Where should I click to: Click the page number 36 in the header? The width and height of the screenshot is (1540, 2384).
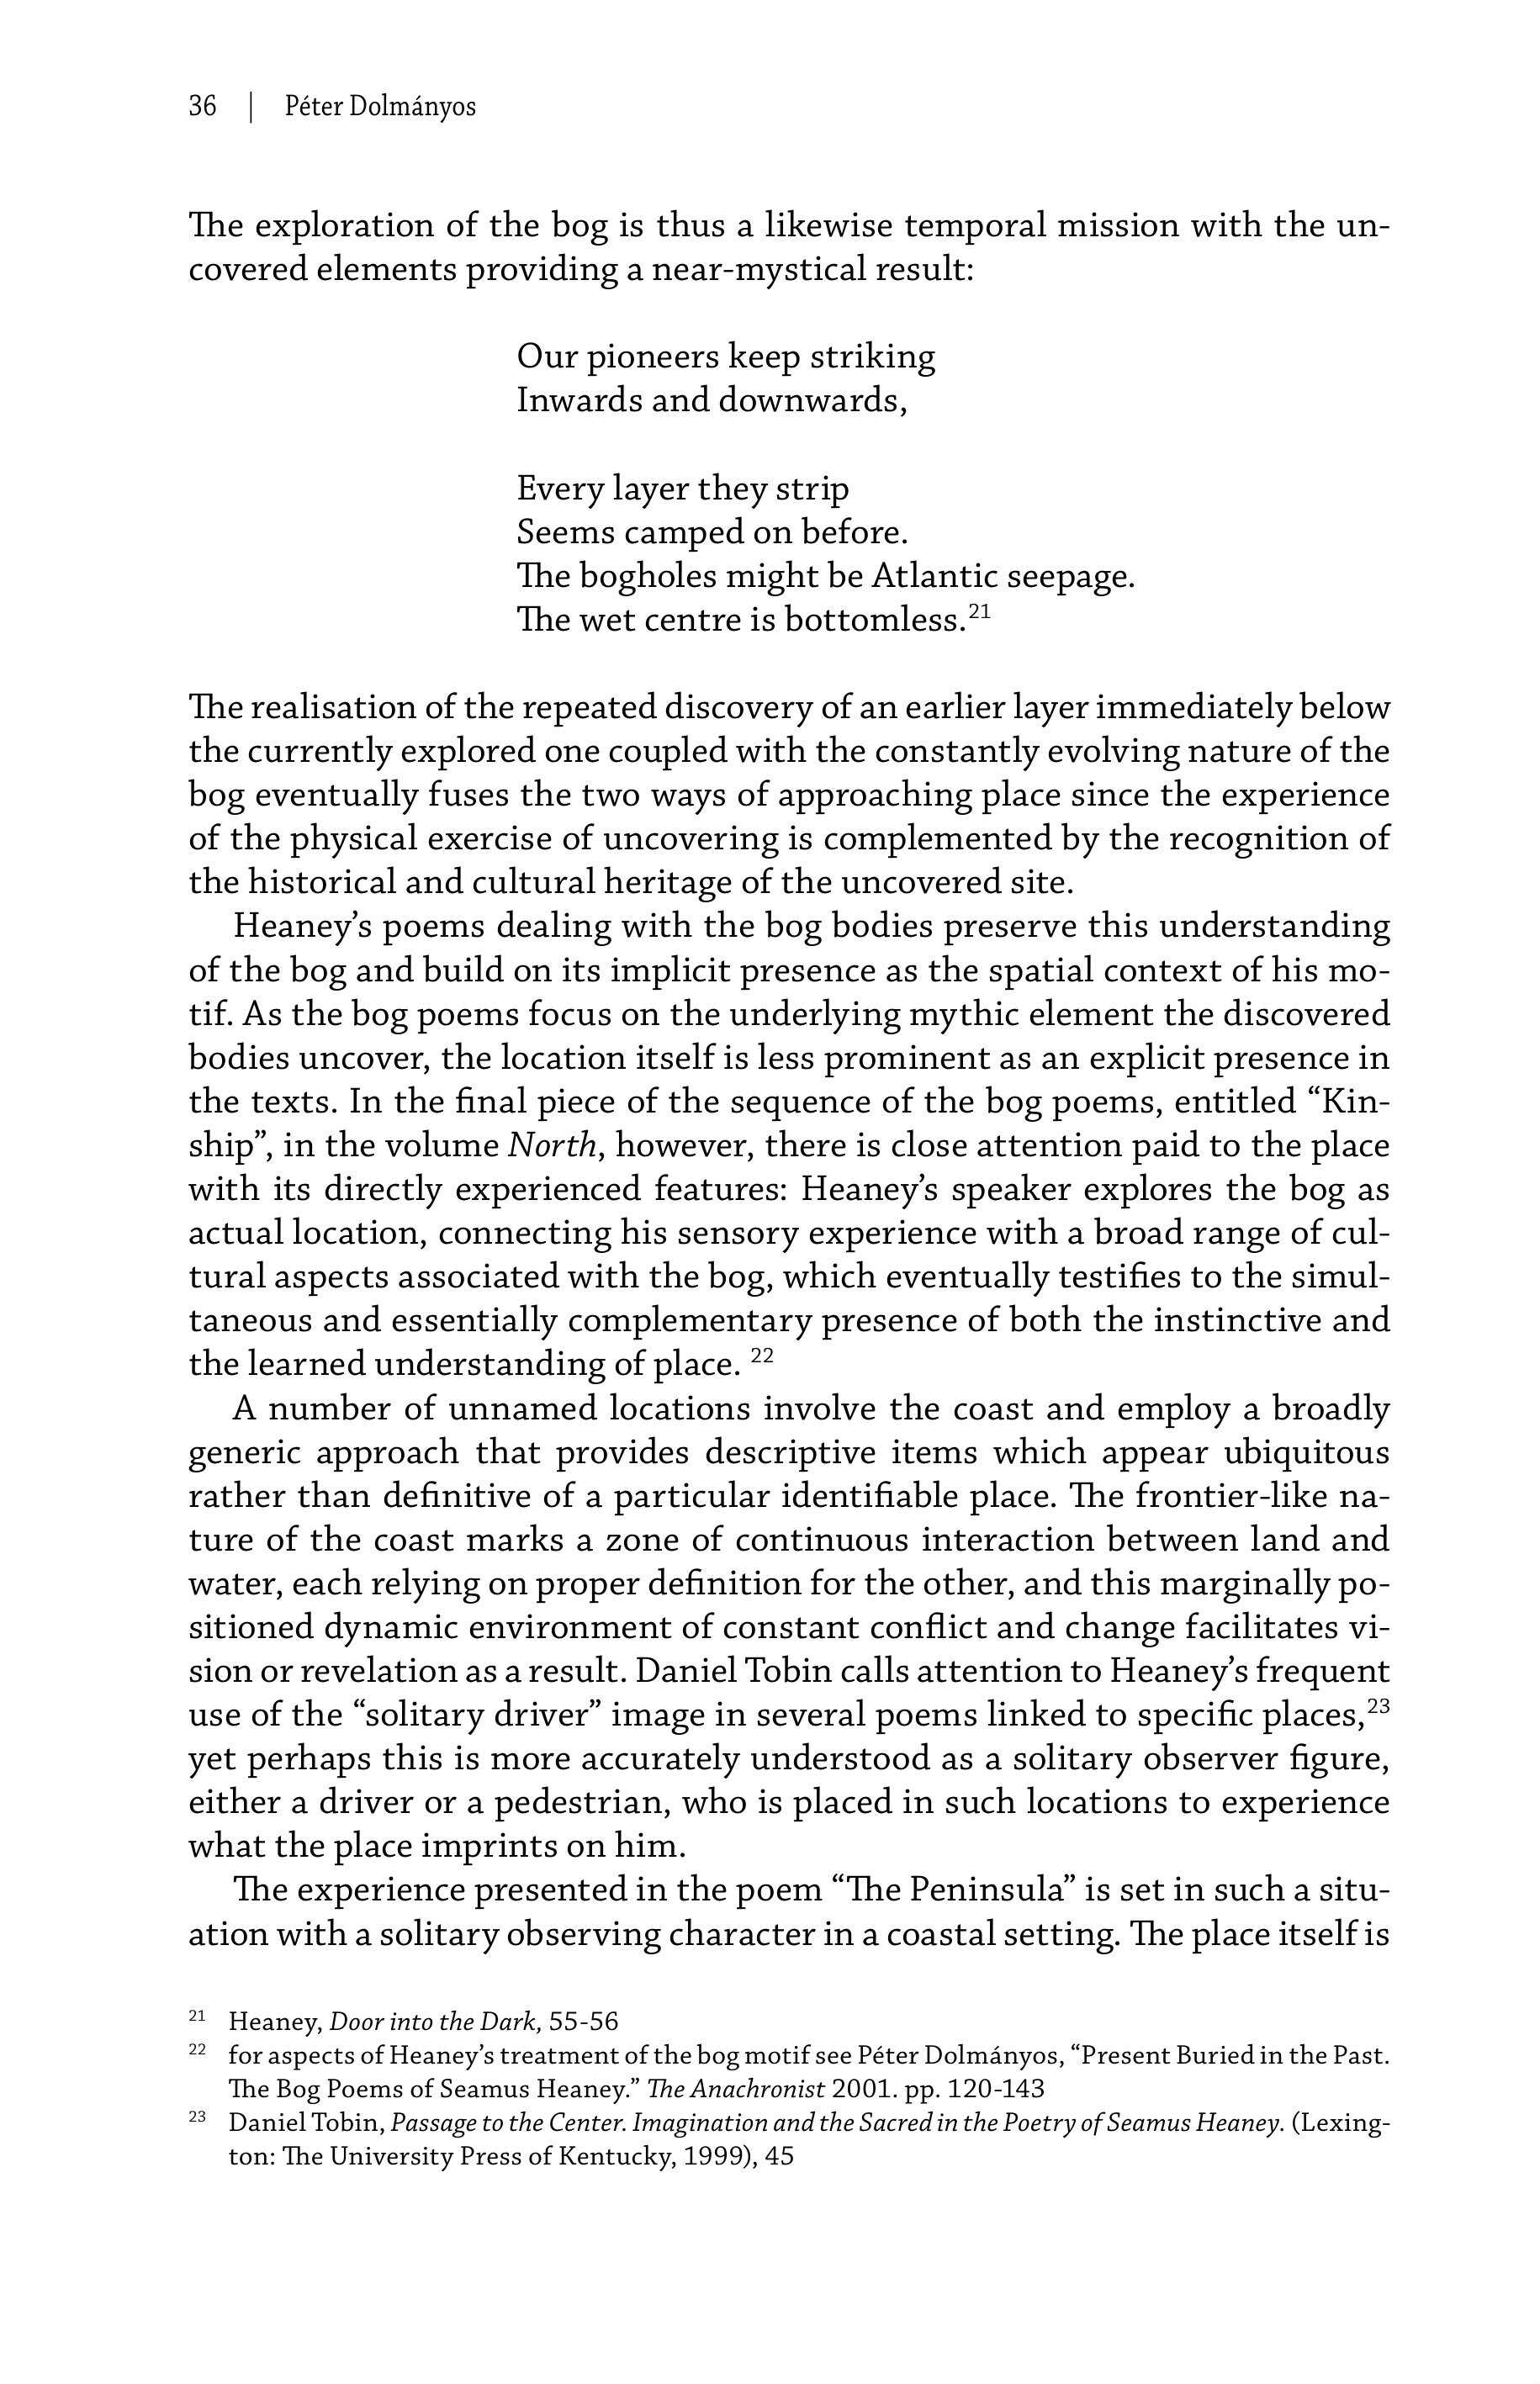202,106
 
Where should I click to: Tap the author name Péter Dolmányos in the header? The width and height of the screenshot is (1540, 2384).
380,106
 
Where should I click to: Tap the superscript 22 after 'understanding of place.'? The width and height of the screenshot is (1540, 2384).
762,1356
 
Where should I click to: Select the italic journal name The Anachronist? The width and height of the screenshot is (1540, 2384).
736,2088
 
